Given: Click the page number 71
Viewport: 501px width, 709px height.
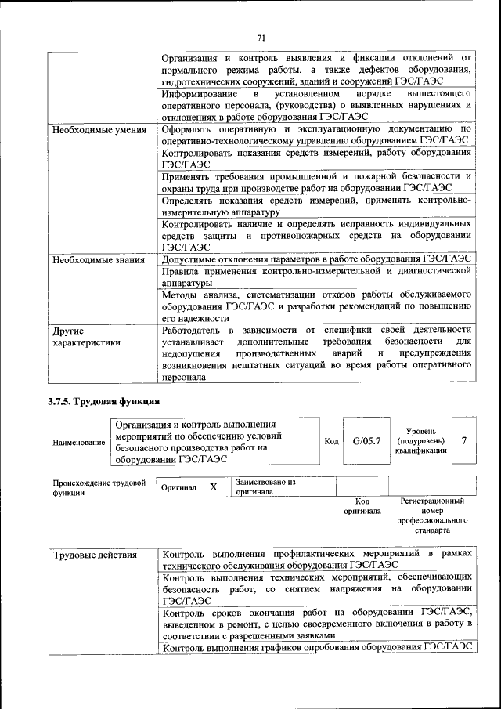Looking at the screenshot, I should [261, 38].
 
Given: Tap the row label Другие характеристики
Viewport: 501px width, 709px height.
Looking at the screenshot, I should [86, 336].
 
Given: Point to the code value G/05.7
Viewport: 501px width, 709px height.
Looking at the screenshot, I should [366, 442].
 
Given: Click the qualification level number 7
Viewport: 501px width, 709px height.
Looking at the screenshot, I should [464, 441].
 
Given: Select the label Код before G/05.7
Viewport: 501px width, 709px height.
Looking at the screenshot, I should [331, 442].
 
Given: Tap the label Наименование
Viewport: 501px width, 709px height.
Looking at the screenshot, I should [78, 443].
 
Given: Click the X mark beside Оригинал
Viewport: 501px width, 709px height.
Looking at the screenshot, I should [213, 487].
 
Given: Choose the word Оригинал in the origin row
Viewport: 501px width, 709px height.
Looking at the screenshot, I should [178, 487].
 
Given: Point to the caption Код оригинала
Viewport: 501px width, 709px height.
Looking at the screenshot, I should [362, 505].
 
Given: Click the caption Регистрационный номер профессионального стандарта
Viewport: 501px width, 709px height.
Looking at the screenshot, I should [431, 515].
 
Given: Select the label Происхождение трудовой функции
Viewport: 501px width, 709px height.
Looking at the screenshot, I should [99, 487].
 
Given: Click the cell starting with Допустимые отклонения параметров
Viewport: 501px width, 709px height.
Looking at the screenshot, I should [316, 259].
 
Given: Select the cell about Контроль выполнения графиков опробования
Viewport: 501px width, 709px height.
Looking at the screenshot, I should [316, 647].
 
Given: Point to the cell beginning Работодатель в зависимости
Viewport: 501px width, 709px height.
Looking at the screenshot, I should [316, 353].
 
